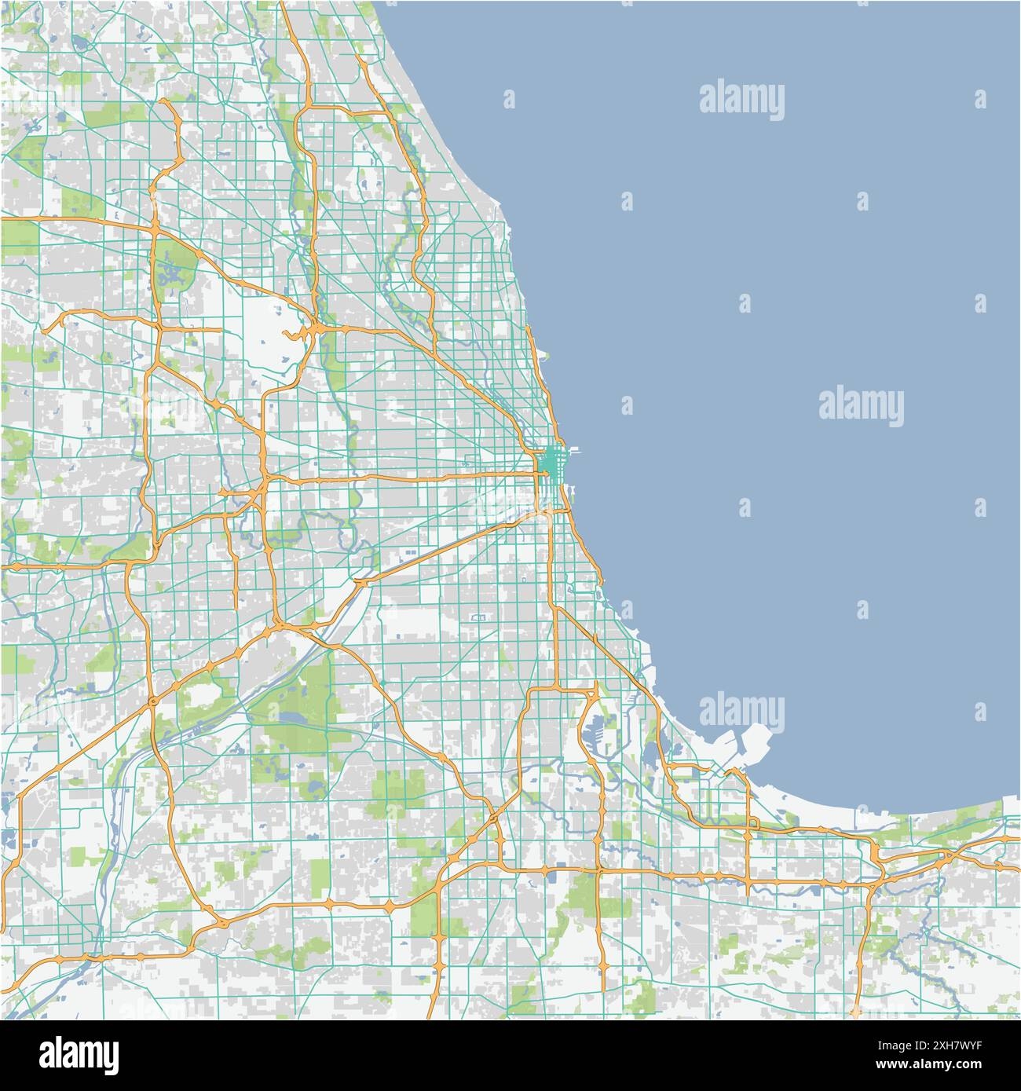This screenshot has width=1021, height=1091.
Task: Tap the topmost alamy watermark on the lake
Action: click(741, 99)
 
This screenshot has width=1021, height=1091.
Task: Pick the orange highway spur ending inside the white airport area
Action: click(291, 335)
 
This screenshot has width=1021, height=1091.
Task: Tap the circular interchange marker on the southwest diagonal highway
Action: click(152, 700)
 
